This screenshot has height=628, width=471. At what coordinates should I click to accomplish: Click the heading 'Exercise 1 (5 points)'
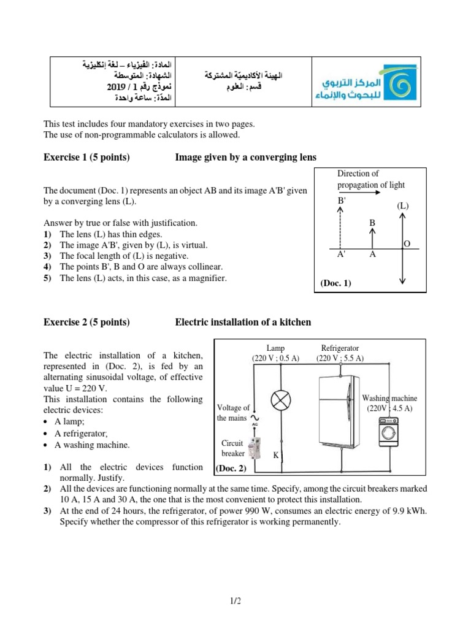coord(86,158)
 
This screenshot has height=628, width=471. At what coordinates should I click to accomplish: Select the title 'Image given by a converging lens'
coord(246,158)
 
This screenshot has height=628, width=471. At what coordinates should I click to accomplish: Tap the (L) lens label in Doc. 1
coord(402,205)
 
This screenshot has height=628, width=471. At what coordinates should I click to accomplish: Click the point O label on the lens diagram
coord(407,244)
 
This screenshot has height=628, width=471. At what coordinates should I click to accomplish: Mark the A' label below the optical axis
coord(340,256)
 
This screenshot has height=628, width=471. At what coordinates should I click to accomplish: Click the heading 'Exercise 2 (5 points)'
coord(86,322)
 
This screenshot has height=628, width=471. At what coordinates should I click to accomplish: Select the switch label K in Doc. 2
coord(275,456)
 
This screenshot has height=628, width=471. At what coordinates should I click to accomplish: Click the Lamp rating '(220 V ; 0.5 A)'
coord(275,358)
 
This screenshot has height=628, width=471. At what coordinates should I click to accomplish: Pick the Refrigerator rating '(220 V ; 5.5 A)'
coord(340,358)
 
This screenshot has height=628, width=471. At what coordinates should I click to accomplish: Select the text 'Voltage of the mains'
coord(233,413)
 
